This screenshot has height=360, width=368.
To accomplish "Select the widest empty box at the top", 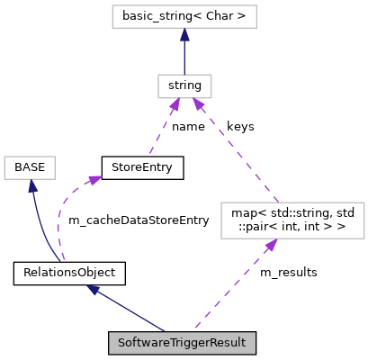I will pos(184,16).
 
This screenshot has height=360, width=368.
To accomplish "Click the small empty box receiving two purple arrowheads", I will pos(184,86).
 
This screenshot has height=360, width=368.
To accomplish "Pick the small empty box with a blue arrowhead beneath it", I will pos(30,167).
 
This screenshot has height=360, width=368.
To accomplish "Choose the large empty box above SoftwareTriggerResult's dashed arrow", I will pos(292,220).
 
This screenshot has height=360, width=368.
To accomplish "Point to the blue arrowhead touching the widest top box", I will pos(184,35).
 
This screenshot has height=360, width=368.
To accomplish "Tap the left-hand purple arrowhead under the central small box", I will pos(175,105).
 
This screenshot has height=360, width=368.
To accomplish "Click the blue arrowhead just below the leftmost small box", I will pos(31,186).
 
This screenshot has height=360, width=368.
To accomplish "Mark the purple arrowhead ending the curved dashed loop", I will pos(94,179).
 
